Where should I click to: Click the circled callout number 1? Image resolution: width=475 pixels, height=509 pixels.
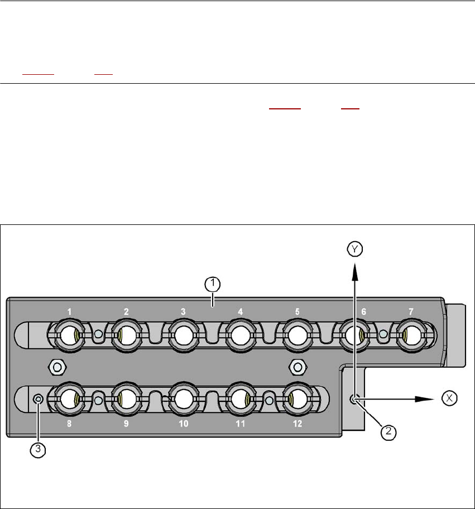tap(211, 285)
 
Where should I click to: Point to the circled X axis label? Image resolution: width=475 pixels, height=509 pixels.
tap(449, 398)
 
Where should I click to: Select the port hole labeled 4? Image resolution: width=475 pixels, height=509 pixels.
tap(240, 335)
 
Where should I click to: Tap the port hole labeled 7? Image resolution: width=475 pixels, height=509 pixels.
tap(412, 335)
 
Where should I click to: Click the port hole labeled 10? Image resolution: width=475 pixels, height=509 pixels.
tap(183, 399)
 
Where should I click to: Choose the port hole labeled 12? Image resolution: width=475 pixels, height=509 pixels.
tap(297, 399)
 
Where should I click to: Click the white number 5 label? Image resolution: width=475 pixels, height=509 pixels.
tap(298, 311)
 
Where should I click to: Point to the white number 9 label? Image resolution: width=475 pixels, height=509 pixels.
tap(126, 424)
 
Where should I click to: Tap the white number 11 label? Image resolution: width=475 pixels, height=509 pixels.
tap(240, 424)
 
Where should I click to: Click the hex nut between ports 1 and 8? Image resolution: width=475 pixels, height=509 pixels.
tap(56, 367)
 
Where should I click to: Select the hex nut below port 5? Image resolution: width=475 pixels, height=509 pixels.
tap(298, 367)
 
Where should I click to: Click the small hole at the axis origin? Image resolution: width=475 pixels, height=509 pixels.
tap(353, 398)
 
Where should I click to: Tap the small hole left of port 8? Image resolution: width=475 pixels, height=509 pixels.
tap(38, 398)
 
